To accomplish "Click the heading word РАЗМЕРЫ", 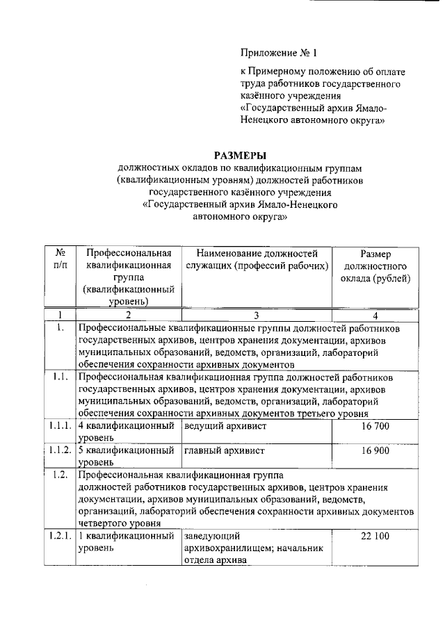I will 239,155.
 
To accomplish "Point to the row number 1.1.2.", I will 60,450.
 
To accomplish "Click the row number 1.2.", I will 60,475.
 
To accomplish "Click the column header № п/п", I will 60,260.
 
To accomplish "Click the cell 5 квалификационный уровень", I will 125,456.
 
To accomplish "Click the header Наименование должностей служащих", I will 257,260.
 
